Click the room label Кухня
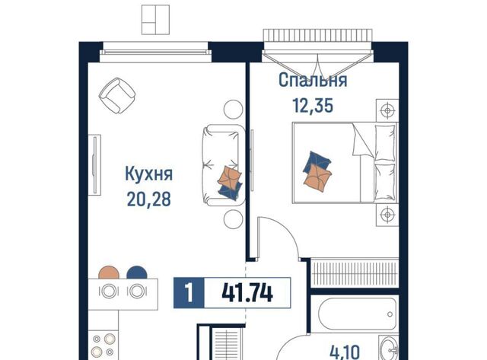click(149, 174)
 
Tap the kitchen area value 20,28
click(149, 199)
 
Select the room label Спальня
click(313, 80)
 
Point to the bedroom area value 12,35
click(313, 105)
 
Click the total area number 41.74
click(247, 293)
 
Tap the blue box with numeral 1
click(189, 293)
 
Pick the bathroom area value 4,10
click(345, 352)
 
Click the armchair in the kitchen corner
click(117, 95)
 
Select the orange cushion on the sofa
click(230, 177)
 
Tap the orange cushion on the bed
click(317, 179)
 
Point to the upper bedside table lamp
click(387, 110)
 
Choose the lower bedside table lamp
click(387, 215)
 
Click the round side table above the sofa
click(233, 110)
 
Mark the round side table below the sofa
click(233, 219)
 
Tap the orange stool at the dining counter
click(109, 273)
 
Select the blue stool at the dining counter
click(137, 273)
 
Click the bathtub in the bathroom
click(358, 314)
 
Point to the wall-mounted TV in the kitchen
click(94, 165)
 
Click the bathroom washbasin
click(389, 349)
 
